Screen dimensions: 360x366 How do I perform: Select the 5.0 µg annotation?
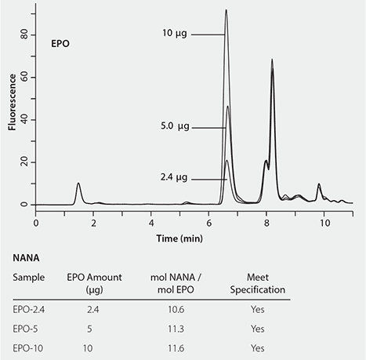(174, 127)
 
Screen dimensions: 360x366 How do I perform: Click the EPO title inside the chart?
(60, 44)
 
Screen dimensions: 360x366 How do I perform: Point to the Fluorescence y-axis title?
(13, 106)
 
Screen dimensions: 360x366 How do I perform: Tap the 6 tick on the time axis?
(208, 223)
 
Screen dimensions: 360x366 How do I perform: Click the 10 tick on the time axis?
(324, 223)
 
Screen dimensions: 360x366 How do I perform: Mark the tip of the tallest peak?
(226, 10)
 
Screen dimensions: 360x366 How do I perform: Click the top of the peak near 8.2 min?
(272, 60)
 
